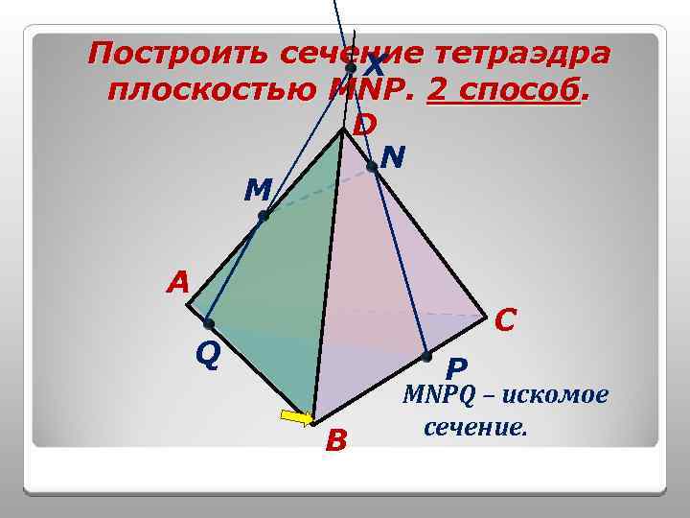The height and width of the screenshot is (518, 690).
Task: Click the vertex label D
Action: click(x=364, y=125)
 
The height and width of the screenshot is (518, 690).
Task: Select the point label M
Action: click(x=256, y=190)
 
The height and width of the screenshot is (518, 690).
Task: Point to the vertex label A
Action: click(x=177, y=283)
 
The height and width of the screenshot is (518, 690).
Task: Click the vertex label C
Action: click(x=507, y=319)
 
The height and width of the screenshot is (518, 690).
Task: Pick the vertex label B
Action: click(x=335, y=441)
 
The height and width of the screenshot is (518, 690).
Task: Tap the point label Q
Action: click(x=208, y=356)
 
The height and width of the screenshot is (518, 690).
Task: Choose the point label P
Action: click(x=456, y=368)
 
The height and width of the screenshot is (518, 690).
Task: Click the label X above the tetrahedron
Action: click(x=375, y=66)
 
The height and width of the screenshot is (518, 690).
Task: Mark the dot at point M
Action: click(x=264, y=217)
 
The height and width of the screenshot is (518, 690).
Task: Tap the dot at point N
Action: click(x=372, y=167)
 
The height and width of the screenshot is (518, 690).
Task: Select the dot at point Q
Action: click(x=208, y=324)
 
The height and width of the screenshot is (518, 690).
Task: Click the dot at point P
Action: click(x=426, y=356)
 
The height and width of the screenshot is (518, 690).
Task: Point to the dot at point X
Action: click(x=351, y=69)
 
